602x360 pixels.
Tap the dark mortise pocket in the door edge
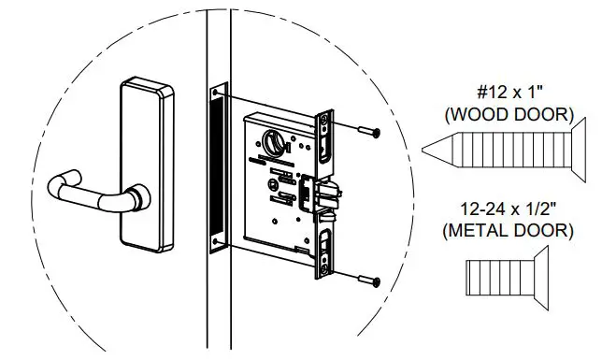click(x=218, y=168)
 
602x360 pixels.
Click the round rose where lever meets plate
click(x=137, y=195)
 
